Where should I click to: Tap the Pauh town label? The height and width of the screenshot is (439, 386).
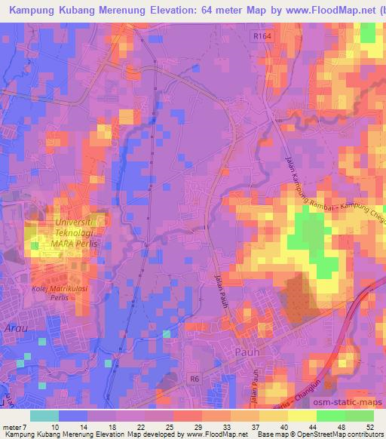247,351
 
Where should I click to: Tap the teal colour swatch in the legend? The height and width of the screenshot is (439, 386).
44,416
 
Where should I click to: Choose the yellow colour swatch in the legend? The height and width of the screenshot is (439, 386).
273,416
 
